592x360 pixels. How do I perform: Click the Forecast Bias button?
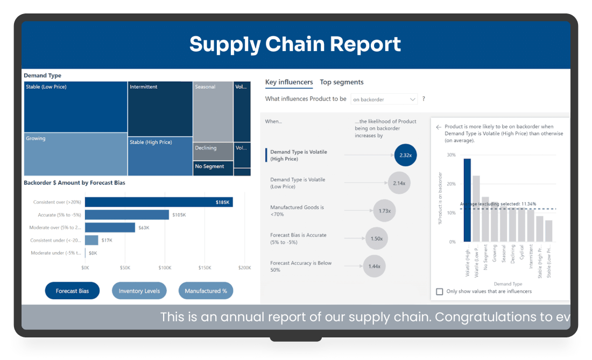72,291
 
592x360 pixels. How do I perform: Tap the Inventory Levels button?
139,291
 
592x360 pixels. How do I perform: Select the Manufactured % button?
206,291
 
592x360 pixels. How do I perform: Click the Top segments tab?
342,82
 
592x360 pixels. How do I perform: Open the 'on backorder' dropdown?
384,100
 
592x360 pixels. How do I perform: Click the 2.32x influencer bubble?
405,155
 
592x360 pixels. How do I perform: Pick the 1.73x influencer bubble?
384,211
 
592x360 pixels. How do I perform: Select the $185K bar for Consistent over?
159,202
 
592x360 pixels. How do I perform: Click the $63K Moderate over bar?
110,228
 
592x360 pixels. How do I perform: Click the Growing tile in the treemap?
75,154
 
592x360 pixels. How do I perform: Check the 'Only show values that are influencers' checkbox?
440,292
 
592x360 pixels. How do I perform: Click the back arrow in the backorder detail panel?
439,128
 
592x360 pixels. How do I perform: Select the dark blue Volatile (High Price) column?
467,200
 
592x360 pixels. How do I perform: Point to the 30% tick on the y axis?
451,155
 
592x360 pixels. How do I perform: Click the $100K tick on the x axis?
165,267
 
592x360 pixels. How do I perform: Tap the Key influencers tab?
289,82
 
